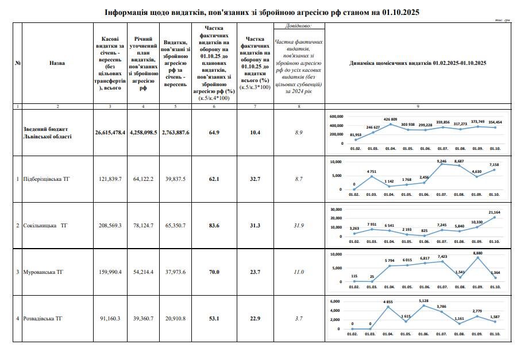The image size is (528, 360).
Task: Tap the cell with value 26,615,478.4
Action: tap(110, 133)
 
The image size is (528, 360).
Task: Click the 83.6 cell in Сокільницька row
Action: tap(214, 226)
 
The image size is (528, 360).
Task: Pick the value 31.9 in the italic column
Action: tap(299, 226)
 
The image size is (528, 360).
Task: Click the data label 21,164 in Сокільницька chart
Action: tap(494, 212)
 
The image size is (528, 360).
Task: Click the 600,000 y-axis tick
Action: tap(337, 115)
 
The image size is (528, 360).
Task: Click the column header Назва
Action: tap(57, 63)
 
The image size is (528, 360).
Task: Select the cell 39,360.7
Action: tap(142, 319)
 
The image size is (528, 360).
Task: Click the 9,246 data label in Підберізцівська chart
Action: tap(442, 162)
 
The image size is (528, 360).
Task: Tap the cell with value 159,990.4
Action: tap(110, 272)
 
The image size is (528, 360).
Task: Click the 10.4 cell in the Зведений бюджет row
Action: tap(255, 133)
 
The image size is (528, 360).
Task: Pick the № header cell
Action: tap(18, 63)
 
